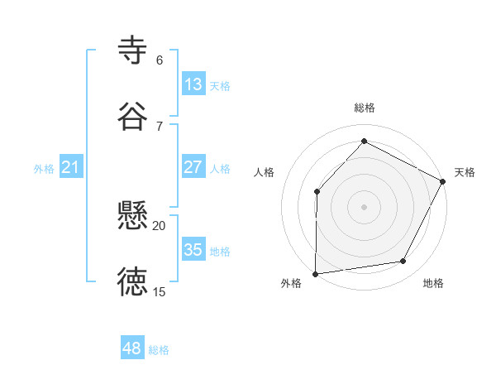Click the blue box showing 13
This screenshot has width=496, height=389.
coord(193,84)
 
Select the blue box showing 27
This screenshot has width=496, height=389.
coord(193,167)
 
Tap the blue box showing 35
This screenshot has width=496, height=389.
coord(193,250)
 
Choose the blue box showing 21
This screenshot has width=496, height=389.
coord(71,168)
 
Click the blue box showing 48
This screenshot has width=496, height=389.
coord(132,348)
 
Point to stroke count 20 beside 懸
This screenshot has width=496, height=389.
coord(159,225)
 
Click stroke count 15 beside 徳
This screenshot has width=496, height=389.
coord(159,291)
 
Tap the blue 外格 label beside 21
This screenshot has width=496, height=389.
coord(44,169)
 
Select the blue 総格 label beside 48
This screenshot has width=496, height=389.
coord(159,350)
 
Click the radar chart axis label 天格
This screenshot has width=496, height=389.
coord(465,172)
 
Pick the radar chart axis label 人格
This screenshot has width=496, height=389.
coord(265,172)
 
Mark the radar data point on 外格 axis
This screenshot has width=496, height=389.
coord(316,273)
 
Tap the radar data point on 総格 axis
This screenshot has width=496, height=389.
coord(364,141)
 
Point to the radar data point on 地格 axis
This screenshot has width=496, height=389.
coord(403,262)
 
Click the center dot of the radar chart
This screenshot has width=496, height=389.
coord(364,206)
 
